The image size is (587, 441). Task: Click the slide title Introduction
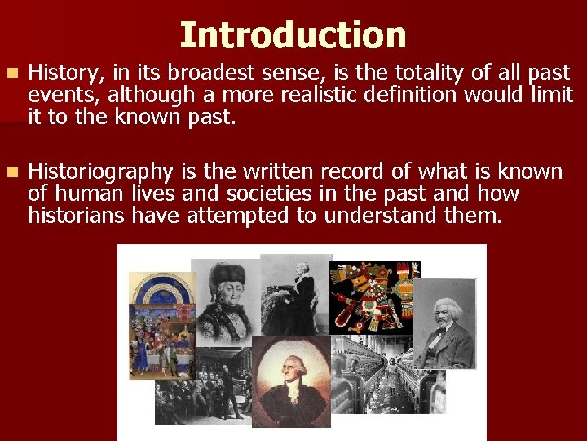pos(293,35)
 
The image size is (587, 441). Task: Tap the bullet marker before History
pos(10,73)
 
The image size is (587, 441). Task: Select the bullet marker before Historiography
pos(10,172)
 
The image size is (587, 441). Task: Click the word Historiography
pos(100,172)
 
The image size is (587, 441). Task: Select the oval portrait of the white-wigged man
pos(291,379)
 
